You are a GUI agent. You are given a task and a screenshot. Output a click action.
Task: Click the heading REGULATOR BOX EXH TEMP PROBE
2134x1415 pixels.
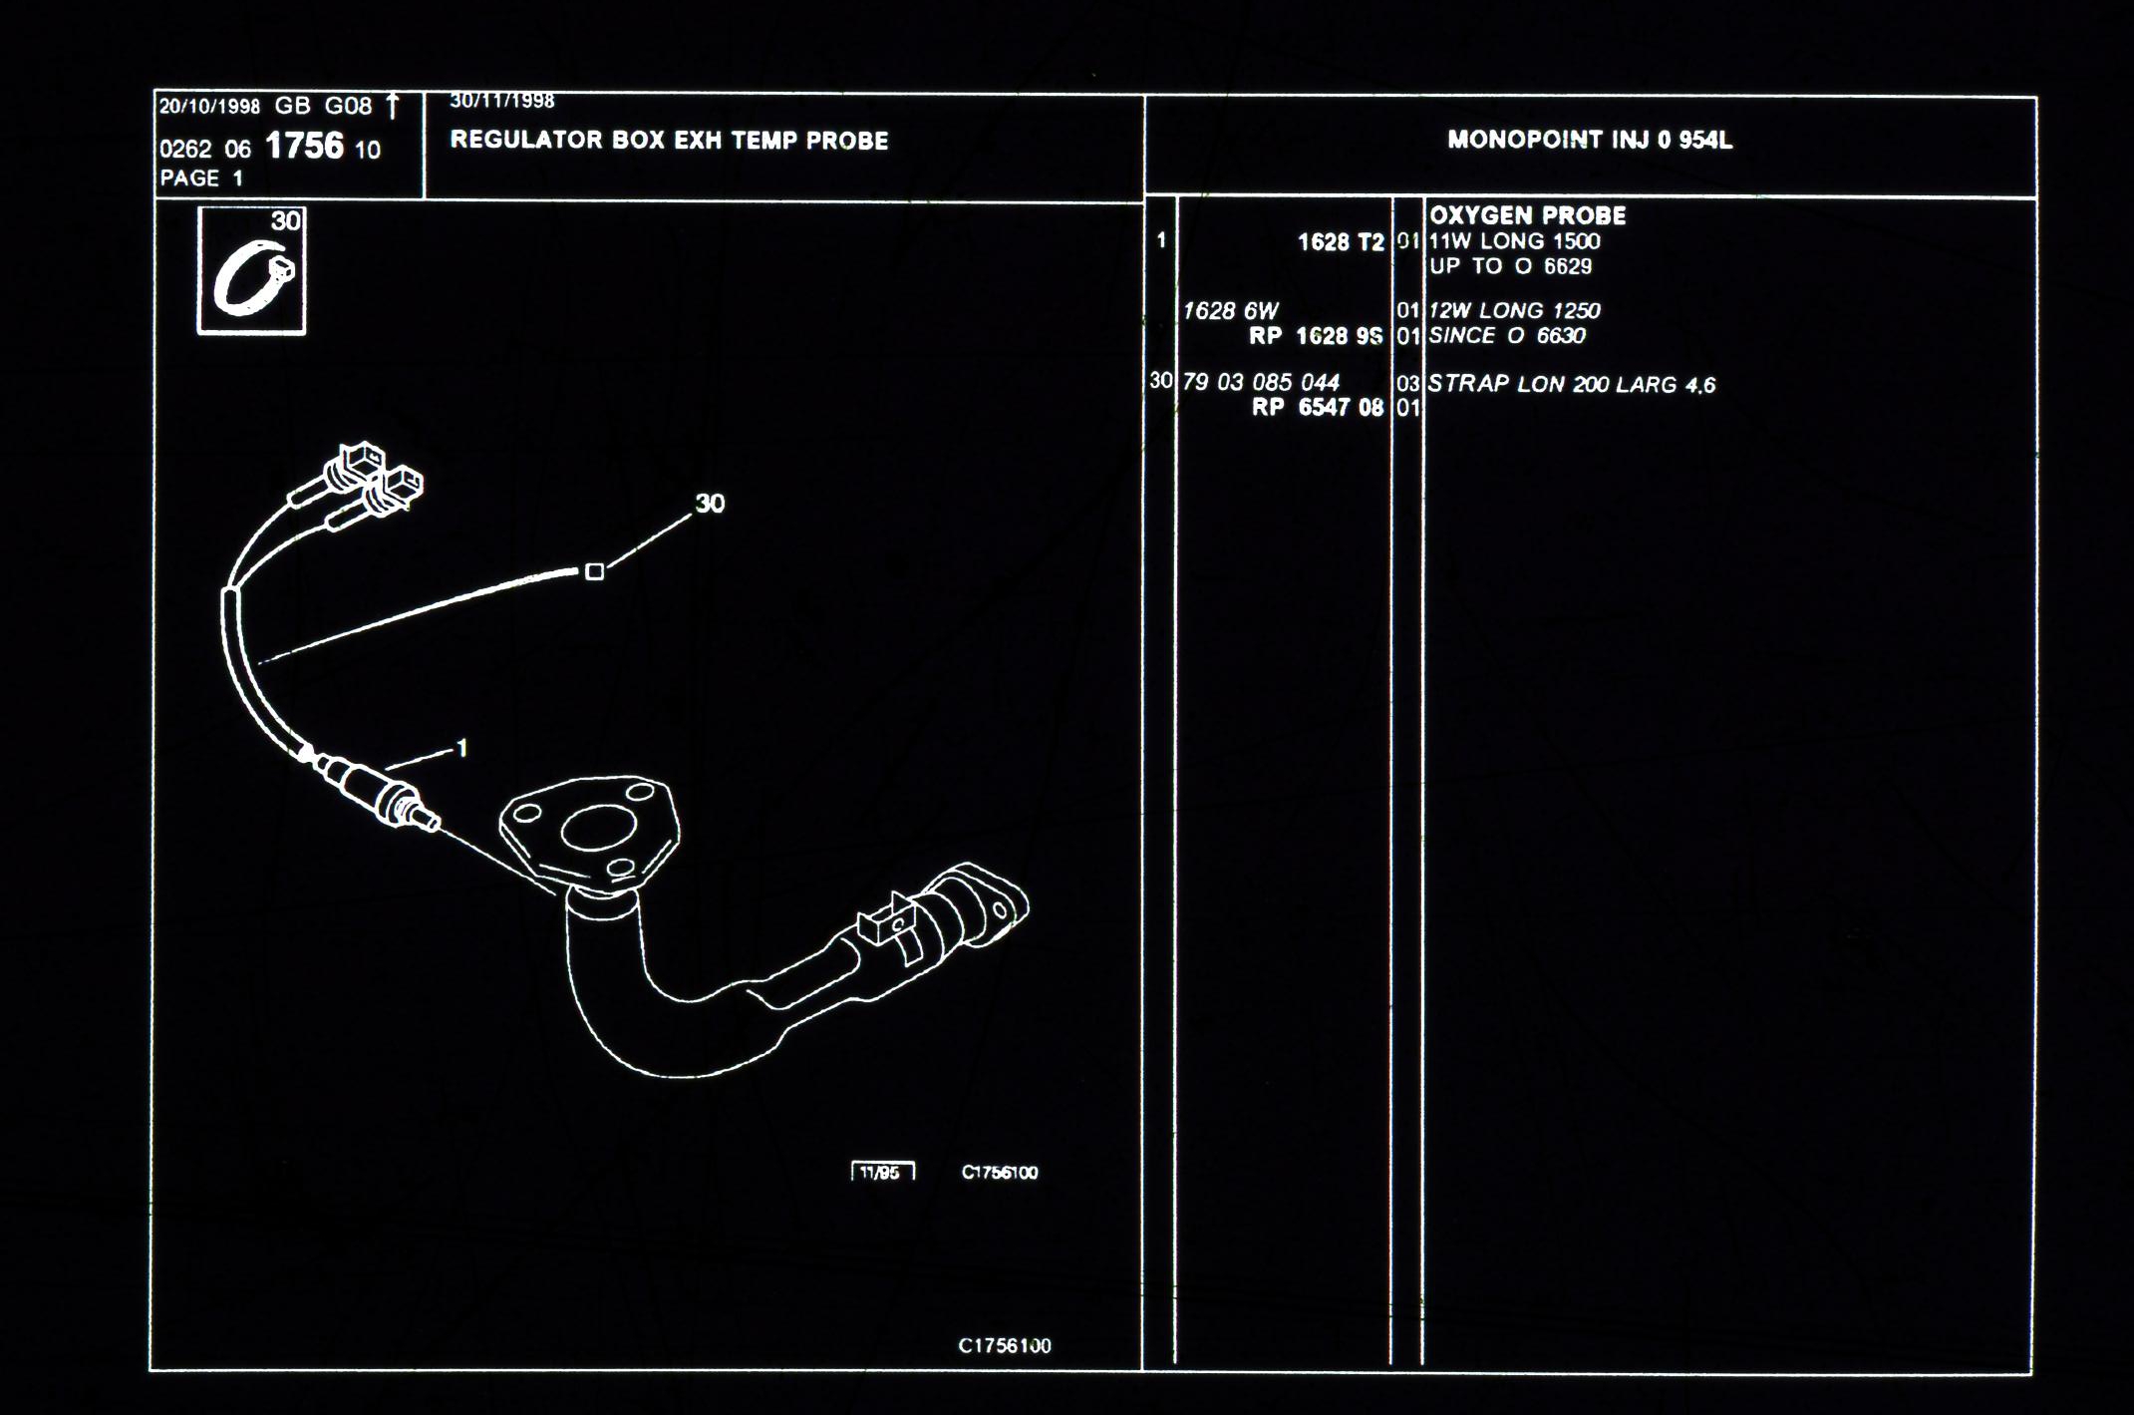pos(669,141)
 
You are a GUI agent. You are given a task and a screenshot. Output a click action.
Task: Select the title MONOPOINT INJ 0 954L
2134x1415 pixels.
pos(1590,141)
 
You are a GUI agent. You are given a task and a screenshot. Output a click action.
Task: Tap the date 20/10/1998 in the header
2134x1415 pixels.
pos(209,107)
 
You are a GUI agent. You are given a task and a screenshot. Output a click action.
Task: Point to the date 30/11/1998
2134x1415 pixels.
pos(502,101)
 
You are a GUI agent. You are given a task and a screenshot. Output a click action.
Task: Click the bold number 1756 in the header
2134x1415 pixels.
pos(304,147)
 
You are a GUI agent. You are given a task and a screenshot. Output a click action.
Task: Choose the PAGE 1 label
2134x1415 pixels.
pos(201,178)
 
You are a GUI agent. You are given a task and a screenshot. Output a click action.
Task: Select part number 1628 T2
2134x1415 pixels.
pos(1341,242)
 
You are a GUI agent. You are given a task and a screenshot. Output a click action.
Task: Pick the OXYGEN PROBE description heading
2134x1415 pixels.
pos(1528,215)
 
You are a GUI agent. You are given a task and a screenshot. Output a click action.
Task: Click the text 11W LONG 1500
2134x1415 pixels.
pos(1514,241)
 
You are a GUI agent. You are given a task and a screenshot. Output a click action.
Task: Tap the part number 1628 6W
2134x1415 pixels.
pos(1230,311)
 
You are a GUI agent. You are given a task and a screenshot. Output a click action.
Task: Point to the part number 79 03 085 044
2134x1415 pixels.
pos(1261,382)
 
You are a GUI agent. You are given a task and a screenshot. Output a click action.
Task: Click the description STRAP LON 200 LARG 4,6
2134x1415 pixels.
pos(1572,384)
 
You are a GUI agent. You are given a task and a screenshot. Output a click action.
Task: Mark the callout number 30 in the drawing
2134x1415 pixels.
pos(710,504)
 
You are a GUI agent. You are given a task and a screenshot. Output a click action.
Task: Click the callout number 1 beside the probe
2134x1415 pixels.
pos(461,748)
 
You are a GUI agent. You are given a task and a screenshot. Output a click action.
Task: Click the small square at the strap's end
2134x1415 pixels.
pos(594,571)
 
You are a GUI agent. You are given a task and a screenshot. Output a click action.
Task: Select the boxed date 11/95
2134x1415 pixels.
pos(882,1173)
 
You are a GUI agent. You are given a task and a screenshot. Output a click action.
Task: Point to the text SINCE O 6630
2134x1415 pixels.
pos(1506,336)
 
